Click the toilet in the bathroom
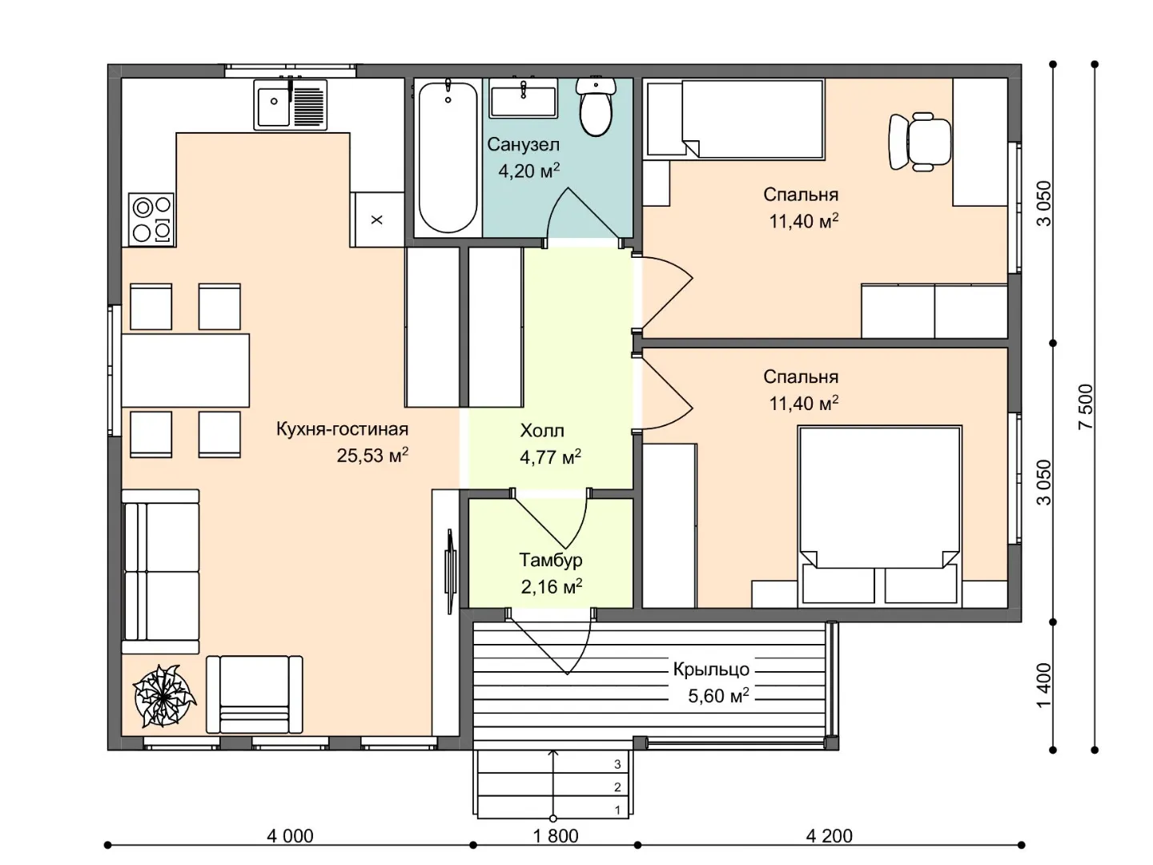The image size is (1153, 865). pos(596,107)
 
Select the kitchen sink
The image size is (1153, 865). pos(290,104)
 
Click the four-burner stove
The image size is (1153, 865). pos(151,219)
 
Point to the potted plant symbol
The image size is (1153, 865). pos(164,696)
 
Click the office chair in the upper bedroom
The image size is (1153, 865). pos(920,141)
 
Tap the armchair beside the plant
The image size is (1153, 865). pos(255,694)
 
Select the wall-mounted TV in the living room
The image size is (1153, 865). pos(450,571)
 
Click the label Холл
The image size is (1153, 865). pos(542,431)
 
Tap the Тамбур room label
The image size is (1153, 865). pos(551,560)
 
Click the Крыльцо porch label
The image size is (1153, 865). pos(711,670)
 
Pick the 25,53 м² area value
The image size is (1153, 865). pos(372,456)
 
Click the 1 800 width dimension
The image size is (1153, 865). pos(556,835)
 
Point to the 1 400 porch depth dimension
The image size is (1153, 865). pos(1044,686)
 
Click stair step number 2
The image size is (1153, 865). pos(617,787)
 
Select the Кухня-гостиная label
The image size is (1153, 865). pos(343,429)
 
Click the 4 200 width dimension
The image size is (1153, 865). pos(830,835)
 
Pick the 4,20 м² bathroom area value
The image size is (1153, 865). pos(529,171)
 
